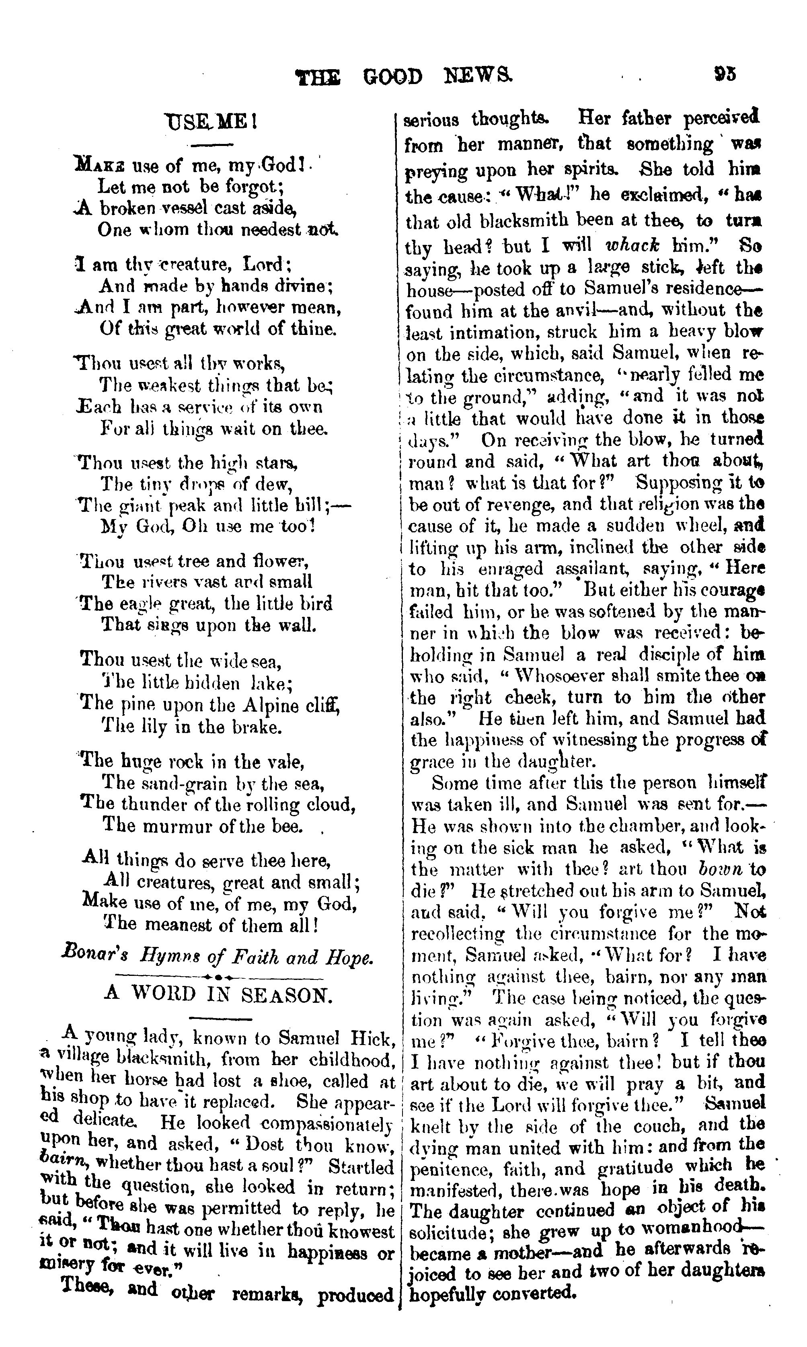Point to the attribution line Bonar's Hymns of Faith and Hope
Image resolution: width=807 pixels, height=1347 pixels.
pos(218,957)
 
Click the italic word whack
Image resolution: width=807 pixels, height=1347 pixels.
pos(632,245)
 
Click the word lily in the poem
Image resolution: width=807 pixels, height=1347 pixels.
pos(153,727)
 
